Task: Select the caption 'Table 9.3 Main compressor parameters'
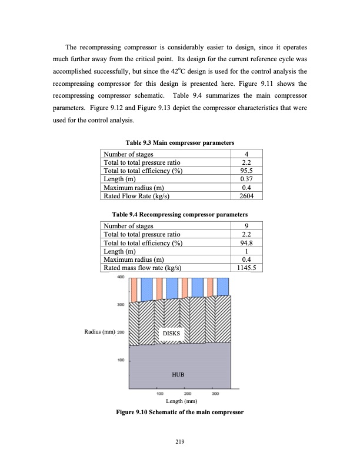click(x=180, y=143)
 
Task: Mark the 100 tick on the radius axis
click(x=121, y=360)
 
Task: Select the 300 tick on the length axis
click(x=216, y=393)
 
